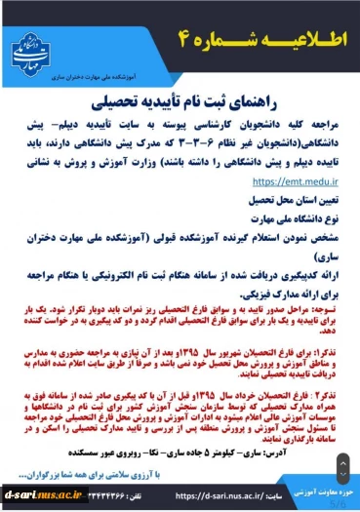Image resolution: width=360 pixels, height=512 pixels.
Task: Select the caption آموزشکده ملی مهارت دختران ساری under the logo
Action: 105,71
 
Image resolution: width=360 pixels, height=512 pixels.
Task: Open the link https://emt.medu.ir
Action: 291,180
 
